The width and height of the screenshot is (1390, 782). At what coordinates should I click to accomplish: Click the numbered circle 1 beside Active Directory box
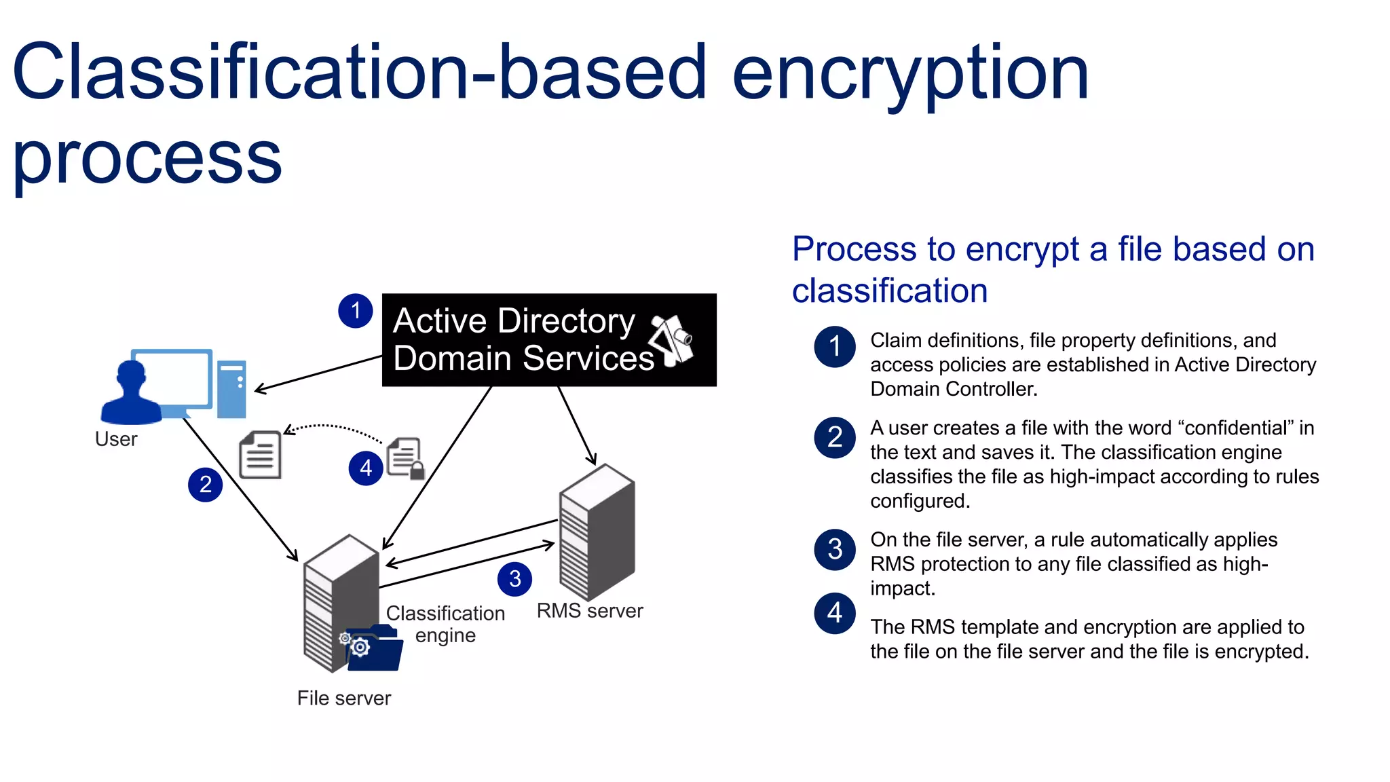pos(355,311)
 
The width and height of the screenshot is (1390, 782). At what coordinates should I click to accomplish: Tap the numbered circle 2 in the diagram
pos(205,485)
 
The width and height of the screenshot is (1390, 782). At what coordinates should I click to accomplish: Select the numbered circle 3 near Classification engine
pos(514,579)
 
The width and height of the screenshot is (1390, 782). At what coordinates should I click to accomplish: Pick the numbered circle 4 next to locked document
pos(366,468)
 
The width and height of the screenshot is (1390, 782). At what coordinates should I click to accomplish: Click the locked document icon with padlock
pos(406,458)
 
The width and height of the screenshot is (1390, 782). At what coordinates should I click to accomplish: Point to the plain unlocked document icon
pos(261,455)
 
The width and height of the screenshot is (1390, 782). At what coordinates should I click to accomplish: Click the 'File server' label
pos(343,698)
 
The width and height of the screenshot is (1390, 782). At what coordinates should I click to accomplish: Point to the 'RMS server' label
pos(589,610)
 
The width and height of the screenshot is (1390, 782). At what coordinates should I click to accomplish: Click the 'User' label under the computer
pos(116,439)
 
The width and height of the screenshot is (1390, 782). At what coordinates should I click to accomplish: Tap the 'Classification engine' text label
pos(445,624)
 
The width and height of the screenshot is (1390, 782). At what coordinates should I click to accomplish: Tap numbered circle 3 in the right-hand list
pos(834,549)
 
